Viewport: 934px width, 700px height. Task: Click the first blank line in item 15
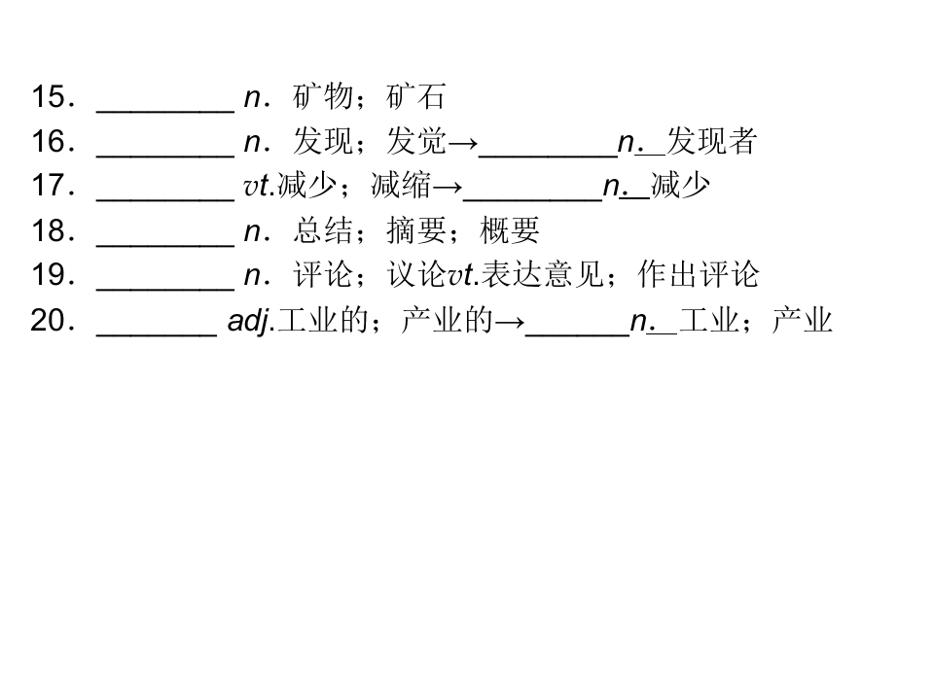(x=165, y=111)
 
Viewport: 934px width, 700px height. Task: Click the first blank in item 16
(x=165, y=156)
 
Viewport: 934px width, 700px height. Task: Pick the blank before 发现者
(x=549, y=156)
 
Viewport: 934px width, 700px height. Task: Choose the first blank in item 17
(x=165, y=200)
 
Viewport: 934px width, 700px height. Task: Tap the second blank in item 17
(x=533, y=200)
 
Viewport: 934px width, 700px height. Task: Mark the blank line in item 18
(x=165, y=245)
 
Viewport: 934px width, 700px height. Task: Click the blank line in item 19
(x=165, y=290)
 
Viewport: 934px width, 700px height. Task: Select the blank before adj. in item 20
(x=157, y=334)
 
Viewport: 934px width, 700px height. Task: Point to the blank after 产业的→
(x=578, y=334)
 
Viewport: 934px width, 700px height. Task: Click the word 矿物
(x=323, y=96)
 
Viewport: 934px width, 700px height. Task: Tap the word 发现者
(x=712, y=142)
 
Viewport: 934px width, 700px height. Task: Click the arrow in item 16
(x=463, y=143)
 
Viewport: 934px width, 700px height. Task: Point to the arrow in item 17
(x=448, y=188)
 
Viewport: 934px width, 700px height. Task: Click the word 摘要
(x=415, y=231)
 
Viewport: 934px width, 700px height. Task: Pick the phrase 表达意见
(x=542, y=275)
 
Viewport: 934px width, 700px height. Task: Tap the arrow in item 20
(x=510, y=322)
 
